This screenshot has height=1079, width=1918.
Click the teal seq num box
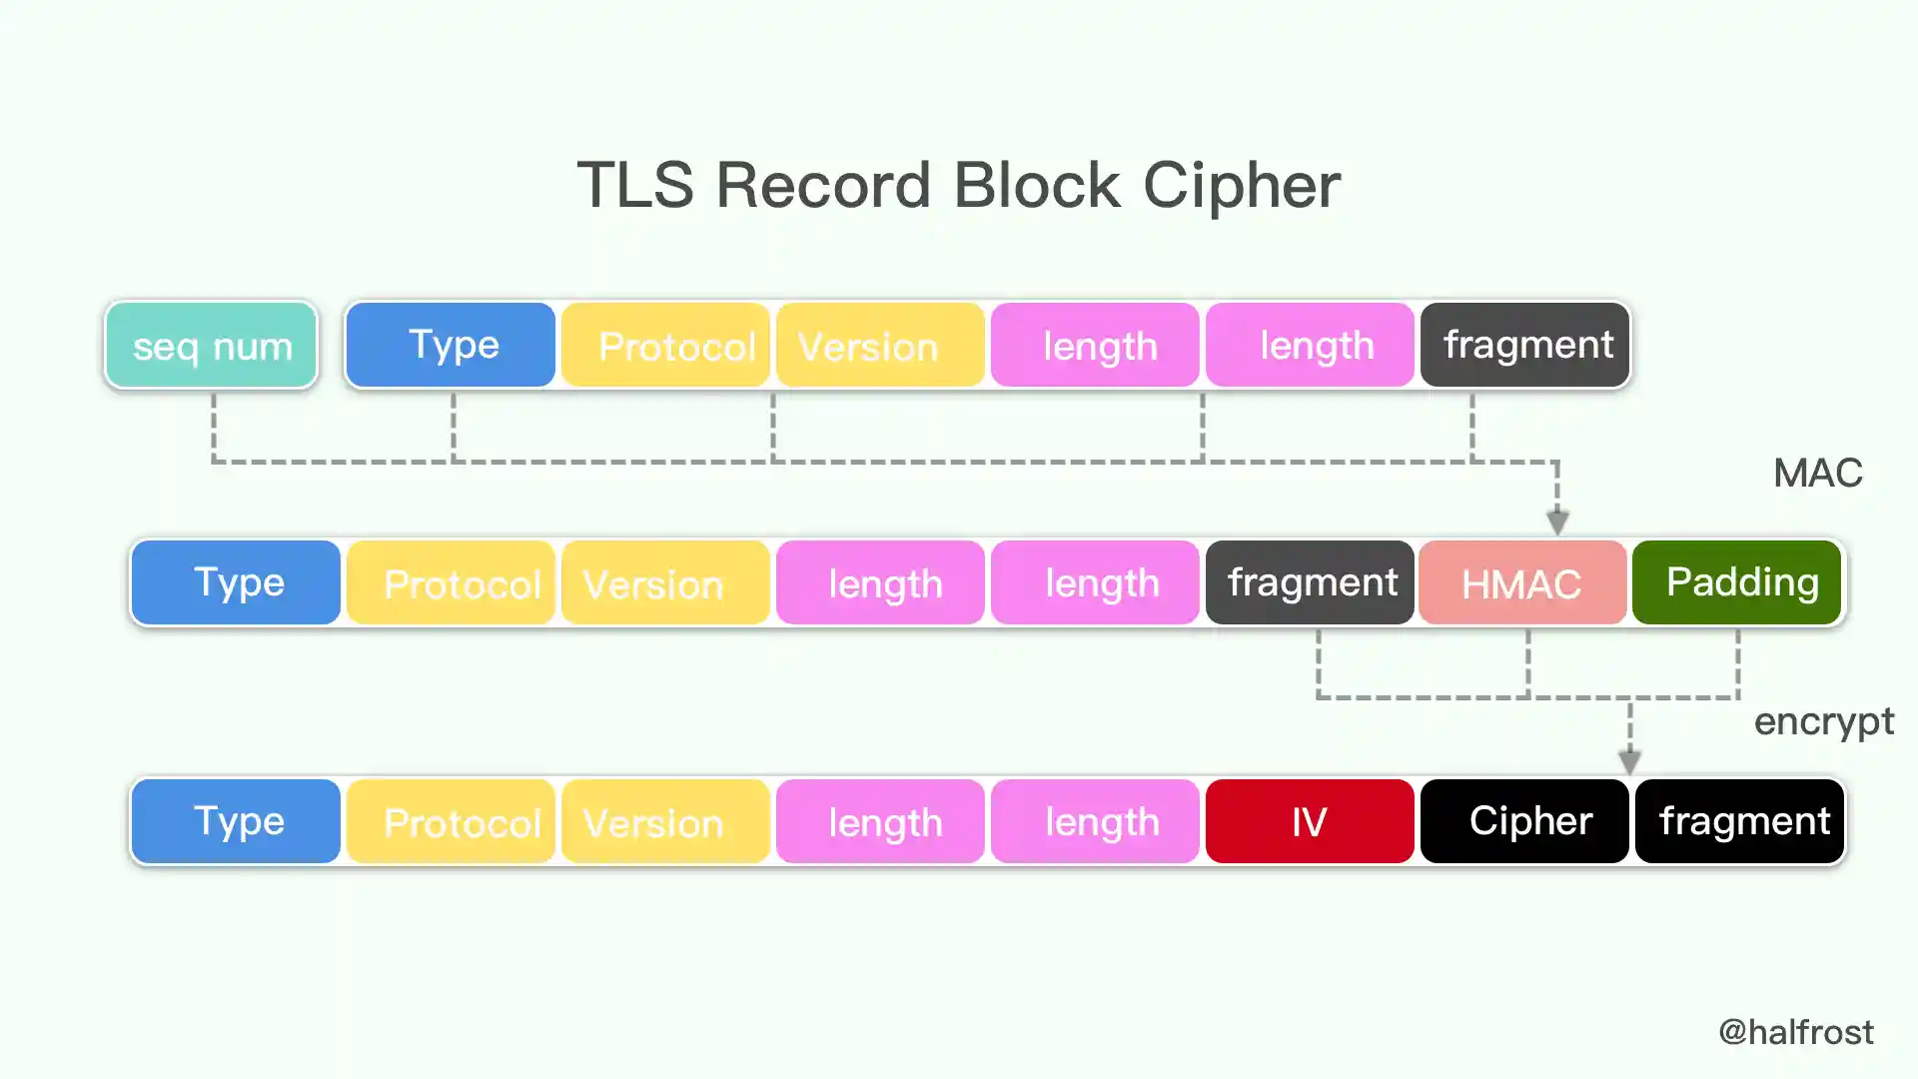pos(211,346)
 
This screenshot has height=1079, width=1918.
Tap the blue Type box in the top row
pos(451,345)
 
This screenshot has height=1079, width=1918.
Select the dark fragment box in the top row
pos(1525,345)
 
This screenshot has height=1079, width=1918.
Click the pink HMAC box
pos(1522,583)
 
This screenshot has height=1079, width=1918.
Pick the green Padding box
pos(1737,583)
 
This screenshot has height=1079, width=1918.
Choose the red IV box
pos(1310,821)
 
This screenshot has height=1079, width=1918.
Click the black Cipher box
pos(1525,821)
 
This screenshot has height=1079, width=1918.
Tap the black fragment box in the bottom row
pos(1740,821)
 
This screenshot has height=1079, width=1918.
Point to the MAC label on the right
pos(1817,473)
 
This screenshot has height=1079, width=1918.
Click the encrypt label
pos(1823,721)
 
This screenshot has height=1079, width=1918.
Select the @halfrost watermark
pos(1795,1032)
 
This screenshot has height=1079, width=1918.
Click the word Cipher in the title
pos(1241,185)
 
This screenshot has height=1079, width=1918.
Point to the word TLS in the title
pos(635,185)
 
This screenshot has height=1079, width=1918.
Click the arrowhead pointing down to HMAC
pos(1557,522)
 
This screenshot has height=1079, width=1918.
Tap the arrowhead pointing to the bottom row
pos(1629,762)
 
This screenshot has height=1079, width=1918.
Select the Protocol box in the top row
pos(666,346)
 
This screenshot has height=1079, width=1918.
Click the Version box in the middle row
pos(666,583)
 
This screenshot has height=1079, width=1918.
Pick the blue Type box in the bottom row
pos(236,821)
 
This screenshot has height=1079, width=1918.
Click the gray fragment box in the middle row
pos(1310,583)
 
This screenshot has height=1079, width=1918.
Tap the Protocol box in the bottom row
pos(451,821)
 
